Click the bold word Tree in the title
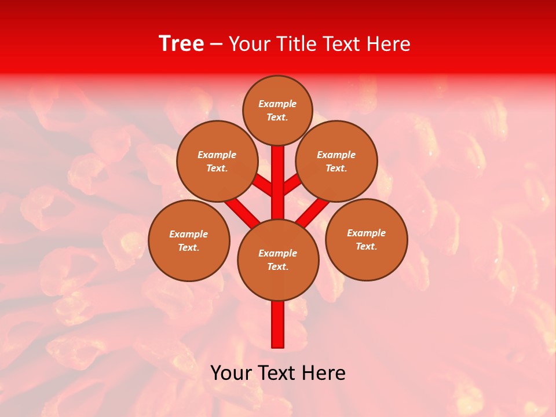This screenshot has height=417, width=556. click(x=181, y=44)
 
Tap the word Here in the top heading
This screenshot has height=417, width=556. click(x=389, y=44)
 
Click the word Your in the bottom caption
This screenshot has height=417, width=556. click(x=232, y=373)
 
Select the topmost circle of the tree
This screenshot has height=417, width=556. click(x=277, y=111)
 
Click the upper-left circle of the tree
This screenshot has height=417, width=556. click(x=217, y=162)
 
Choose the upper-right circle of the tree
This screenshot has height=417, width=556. click(x=336, y=162)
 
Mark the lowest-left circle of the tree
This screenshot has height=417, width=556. click(x=189, y=241)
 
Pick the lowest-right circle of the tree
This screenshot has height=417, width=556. click(x=367, y=240)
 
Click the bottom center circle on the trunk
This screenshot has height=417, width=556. click(x=278, y=260)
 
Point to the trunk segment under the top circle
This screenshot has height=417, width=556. click(x=278, y=174)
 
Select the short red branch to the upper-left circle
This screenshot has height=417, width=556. click(x=264, y=185)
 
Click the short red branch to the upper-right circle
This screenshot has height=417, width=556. click(x=292, y=185)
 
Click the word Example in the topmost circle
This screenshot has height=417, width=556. click(x=277, y=104)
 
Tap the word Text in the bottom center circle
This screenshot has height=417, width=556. click(x=277, y=267)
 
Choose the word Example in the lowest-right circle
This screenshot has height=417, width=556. click(x=366, y=233)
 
